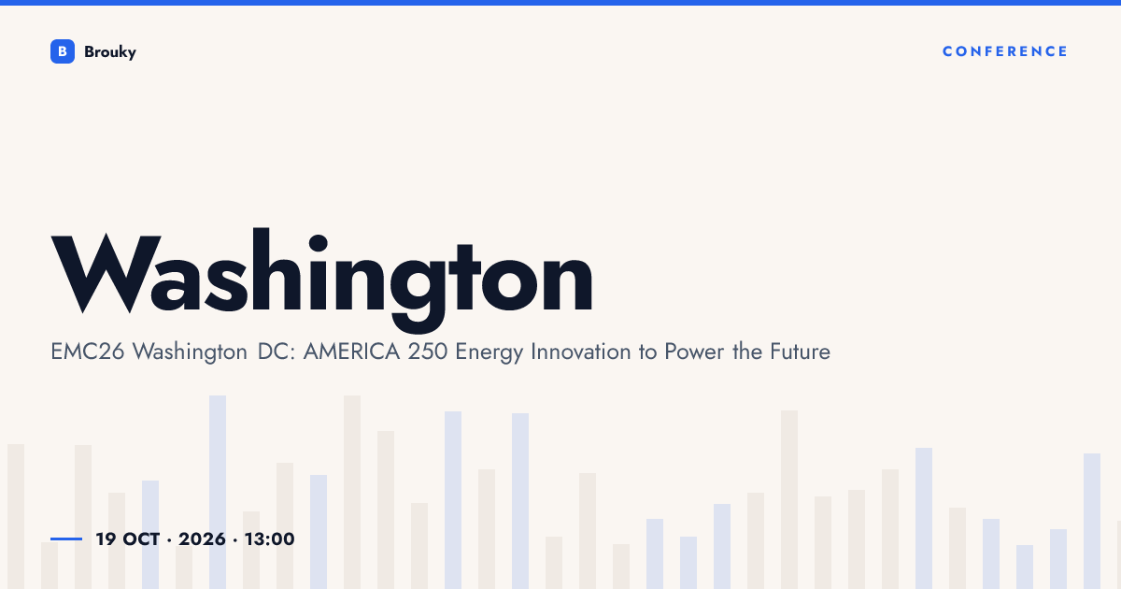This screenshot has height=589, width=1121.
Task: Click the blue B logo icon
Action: click(63, 51)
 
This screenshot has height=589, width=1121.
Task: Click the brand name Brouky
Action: click(110, 52)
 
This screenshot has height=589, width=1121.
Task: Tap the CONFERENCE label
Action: click(1005, 51)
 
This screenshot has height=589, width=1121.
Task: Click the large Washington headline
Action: click(321, 280)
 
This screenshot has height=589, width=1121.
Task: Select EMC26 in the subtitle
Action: click(88, 352)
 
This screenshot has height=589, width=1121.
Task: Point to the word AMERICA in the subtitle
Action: click(352, 352)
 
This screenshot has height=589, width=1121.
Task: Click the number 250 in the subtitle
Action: click(428, 352)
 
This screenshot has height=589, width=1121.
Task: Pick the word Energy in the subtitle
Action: click(490, 353)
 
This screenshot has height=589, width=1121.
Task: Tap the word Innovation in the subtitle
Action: click(580, 352)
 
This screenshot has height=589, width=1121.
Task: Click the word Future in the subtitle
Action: click(801, 352)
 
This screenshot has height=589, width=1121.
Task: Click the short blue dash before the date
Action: click(66, 539)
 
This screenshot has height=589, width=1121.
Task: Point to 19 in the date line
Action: click(106, 539)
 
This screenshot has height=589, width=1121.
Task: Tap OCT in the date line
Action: click(142, 539)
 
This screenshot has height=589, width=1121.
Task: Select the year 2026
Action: click(202, 539)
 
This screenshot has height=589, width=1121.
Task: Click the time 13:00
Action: click(270, 539)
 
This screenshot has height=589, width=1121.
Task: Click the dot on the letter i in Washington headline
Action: click(319, 244)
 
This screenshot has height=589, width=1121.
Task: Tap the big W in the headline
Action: click(106, 273)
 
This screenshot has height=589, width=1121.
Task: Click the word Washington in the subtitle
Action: click(191, 352)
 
